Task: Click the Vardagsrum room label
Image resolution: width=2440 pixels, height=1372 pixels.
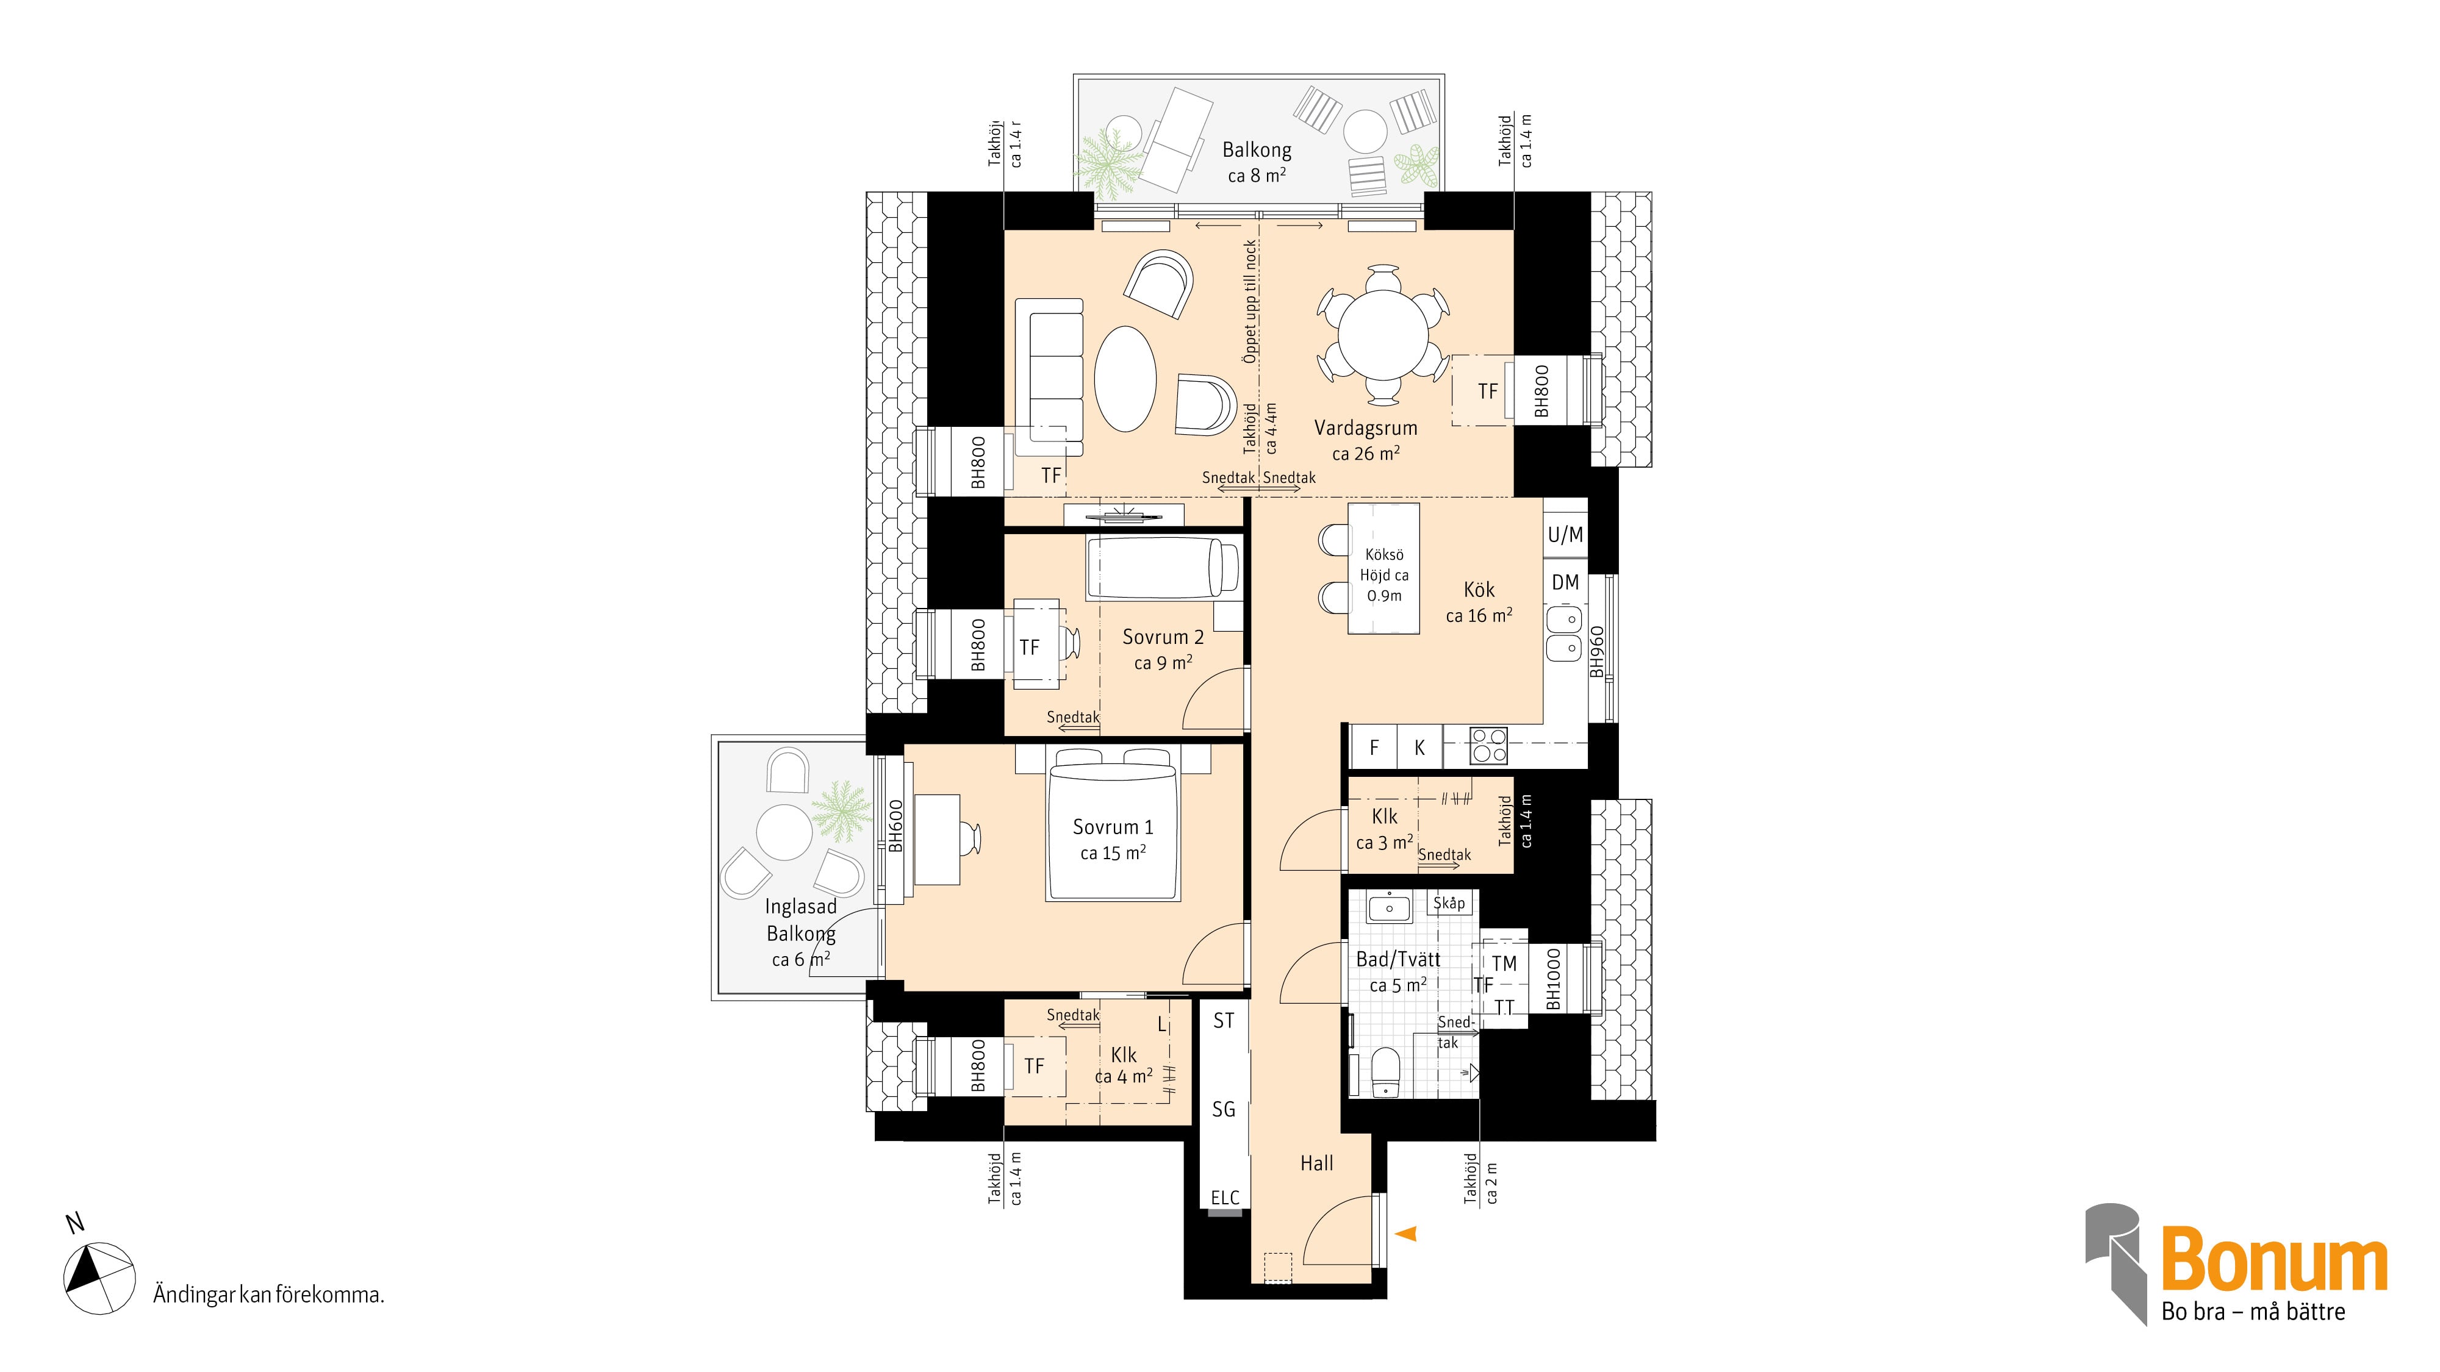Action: tap(1365, 428)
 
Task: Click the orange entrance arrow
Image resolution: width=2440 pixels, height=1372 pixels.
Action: tap(1407, 1233)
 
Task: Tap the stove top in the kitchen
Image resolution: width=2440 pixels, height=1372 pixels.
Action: tap(1488, 745)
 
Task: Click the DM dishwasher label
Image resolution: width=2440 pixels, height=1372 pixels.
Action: tap(1565, 582)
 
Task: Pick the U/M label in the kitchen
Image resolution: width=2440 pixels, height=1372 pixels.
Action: tap(1565, 535)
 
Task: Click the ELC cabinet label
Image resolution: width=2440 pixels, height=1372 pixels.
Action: tap(1225, 1198)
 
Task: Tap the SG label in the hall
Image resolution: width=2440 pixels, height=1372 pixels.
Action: tap(1224, 1109)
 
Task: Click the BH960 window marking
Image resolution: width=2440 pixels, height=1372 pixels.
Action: tap(1597, 651)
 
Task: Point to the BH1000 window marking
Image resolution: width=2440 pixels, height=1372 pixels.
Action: tap(1554, 979)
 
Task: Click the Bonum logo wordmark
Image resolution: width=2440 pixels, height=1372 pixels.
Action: tap(2274, 1259)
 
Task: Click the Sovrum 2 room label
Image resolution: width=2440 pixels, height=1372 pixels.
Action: tap(1163, 637)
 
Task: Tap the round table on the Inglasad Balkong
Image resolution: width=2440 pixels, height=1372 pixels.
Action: tap(784, 832)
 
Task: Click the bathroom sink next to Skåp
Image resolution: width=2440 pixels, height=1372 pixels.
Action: tap(1388, 908)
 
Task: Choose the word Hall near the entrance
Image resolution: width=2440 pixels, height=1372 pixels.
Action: tap(1316, 1163)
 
